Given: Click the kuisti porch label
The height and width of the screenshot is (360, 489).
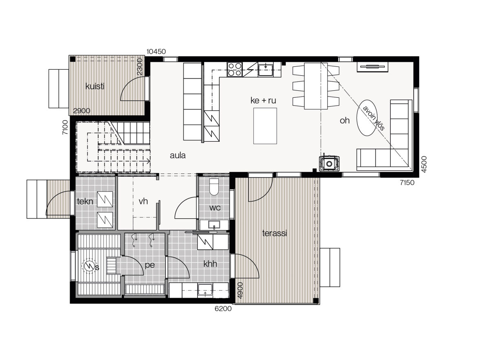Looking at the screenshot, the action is click(95, 86).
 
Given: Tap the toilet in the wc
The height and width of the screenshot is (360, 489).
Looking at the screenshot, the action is click(214, 187).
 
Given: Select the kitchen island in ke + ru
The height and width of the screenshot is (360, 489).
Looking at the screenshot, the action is click(265, 126).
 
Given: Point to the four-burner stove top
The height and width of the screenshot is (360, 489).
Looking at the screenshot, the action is click(235, 69).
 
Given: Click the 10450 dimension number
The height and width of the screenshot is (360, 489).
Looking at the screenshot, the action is click(156, 51).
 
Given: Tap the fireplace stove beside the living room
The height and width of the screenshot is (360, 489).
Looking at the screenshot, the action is click(329, 164).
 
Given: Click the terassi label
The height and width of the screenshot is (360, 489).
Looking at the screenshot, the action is click(274, 233).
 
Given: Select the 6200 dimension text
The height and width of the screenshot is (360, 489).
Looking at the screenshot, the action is click(223, 309).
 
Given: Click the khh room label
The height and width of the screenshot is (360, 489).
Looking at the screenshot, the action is click(210, 264).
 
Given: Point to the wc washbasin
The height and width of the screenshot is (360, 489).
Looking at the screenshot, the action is click(214, 224).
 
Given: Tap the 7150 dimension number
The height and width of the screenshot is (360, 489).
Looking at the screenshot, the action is click(407, 182).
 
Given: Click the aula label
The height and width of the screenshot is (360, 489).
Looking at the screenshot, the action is click(178, 155).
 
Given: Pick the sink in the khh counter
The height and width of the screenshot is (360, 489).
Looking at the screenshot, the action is click(205, 290).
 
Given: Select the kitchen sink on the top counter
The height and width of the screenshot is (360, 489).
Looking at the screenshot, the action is click(265, 69).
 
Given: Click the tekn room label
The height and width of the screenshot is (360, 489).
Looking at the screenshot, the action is click(85, 202).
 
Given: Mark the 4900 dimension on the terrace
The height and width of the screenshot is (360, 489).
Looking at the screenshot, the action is click(240, 290).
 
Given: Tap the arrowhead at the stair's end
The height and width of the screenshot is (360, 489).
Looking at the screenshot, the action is click(148, 161).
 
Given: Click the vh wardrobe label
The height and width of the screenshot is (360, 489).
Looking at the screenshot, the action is click(143, 201).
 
